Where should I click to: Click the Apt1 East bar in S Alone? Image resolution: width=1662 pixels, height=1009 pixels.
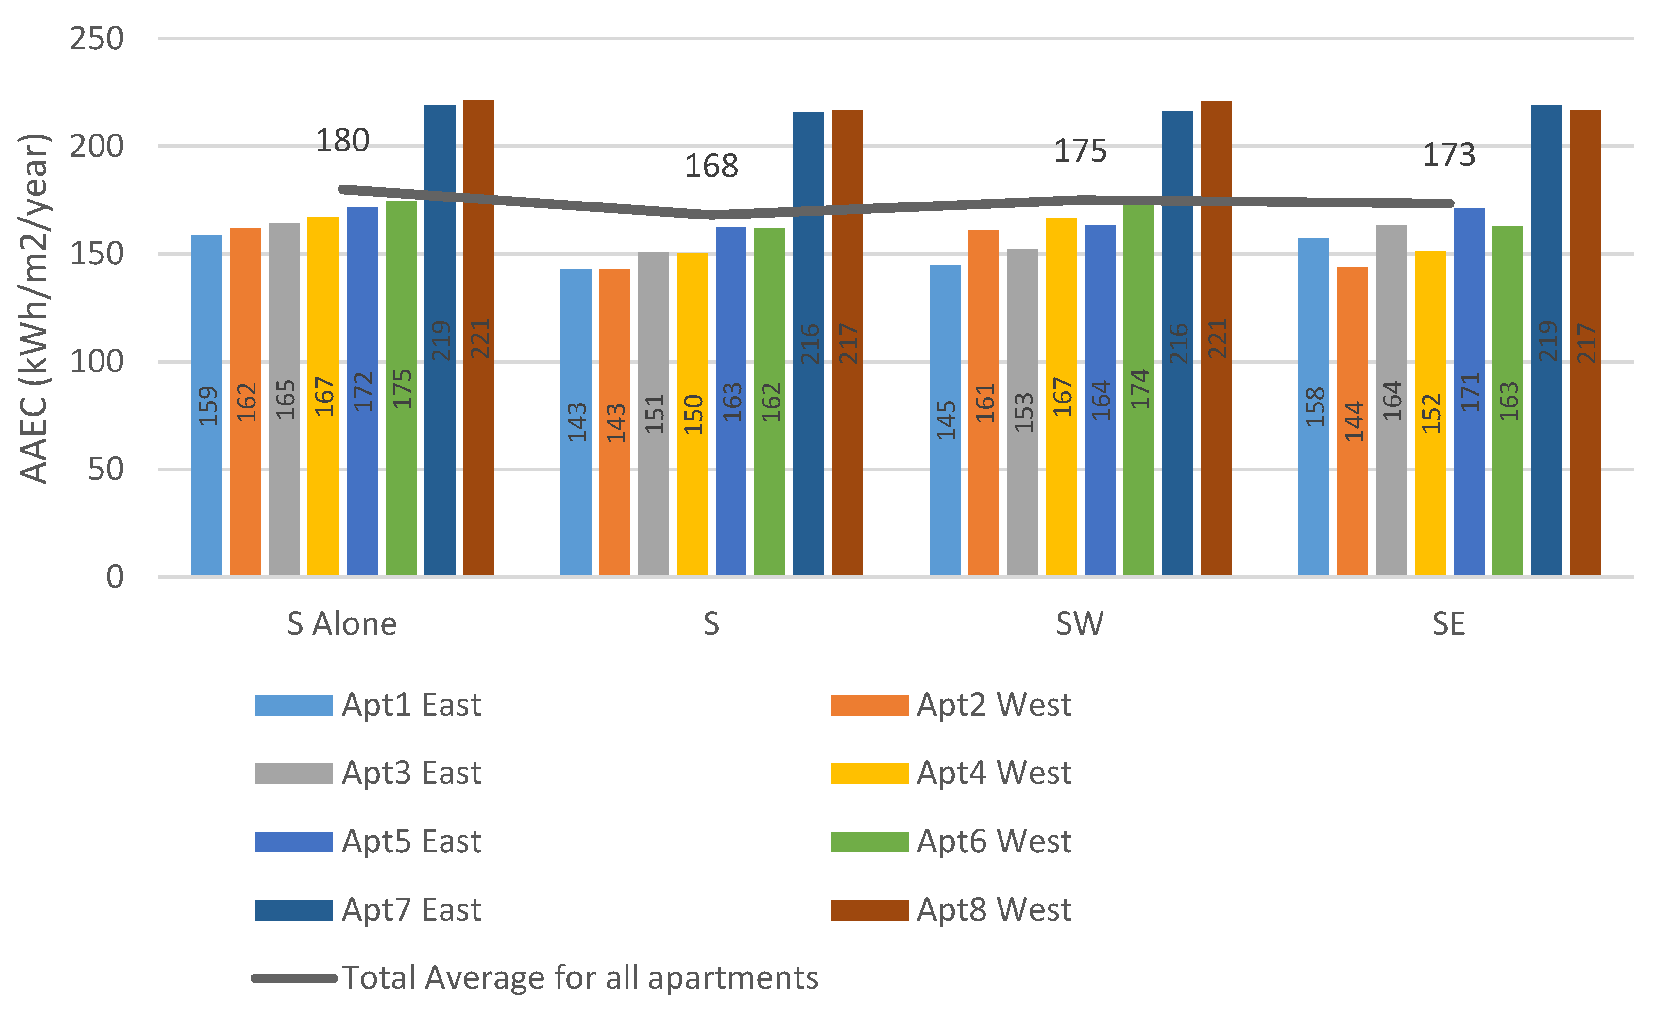click(206, 404)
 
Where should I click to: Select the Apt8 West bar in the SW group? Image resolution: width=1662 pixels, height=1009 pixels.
click(1216, 337)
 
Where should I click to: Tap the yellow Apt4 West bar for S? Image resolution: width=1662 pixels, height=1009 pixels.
click(692, 414)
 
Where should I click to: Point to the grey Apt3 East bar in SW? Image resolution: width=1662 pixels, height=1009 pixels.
click(1022, 411)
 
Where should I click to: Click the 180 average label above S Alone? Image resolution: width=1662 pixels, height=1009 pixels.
click(343, 140)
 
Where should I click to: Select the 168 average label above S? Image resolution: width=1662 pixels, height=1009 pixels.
click(711, 166)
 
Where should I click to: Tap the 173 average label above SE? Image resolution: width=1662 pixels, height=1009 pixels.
click(1448, 155)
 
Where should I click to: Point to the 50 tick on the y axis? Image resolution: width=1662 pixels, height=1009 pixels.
click(105, 470)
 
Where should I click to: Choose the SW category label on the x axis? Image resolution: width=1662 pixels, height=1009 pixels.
click(1079, 624)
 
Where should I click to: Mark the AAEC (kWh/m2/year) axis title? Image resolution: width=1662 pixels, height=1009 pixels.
click(34, 308)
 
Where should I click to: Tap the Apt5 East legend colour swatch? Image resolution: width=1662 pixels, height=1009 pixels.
click(293, 842)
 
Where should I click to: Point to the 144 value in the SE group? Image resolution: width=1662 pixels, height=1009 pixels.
click(1353, 421)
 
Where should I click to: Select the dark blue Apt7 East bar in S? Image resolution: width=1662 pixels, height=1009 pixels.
click(808, 344)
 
